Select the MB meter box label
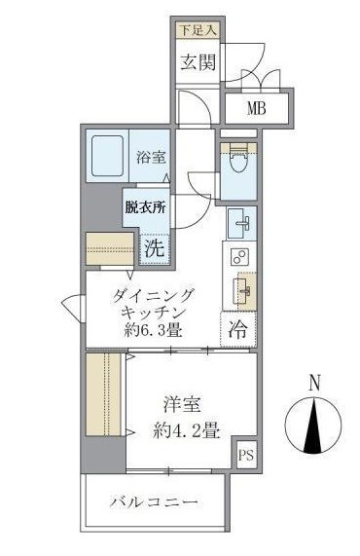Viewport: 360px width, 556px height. [256, 108]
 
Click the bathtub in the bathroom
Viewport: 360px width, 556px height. [109, 155]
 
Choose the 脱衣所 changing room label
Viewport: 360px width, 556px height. [143, 207]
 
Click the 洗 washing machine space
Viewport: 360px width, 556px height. [153, 247]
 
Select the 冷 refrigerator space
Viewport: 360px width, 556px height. [237, 330]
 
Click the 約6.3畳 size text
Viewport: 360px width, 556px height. [153, 331]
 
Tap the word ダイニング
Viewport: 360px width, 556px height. [153, 294]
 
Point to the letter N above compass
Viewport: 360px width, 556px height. [313, 384]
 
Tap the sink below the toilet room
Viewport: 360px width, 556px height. [240, 224]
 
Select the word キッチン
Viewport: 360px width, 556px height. [153, 313]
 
